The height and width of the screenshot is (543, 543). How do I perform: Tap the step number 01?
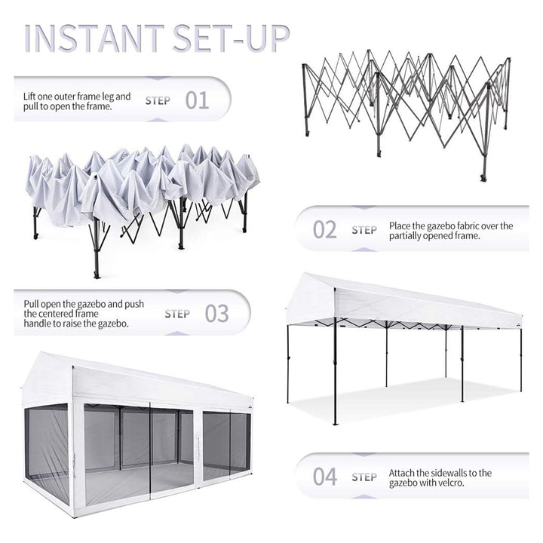197,100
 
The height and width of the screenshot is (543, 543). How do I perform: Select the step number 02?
325,229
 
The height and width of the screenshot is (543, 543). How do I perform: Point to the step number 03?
216,314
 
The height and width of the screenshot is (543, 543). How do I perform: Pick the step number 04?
325,477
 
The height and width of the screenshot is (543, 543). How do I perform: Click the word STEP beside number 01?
158,100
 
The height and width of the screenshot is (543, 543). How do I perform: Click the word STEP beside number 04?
364,477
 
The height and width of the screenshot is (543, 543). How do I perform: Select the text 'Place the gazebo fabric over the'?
451,225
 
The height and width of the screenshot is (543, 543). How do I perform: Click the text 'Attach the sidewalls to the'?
440,473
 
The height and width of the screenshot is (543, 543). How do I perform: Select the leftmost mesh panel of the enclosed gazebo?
47,445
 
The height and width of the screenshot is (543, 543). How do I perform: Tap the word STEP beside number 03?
177,314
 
